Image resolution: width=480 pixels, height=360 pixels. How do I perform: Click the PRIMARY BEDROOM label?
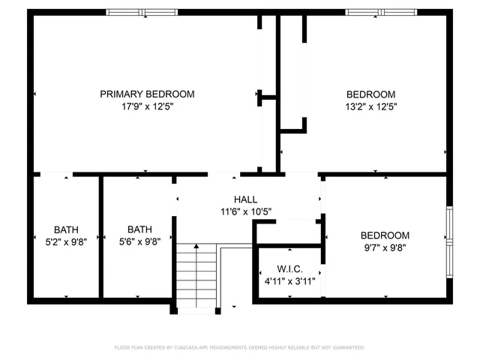click(147, 94)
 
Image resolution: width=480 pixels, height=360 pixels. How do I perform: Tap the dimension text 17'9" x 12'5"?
click(147, 106)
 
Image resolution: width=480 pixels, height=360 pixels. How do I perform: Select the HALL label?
click(245, 199)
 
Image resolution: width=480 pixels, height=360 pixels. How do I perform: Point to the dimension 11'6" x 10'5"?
click(245, 211)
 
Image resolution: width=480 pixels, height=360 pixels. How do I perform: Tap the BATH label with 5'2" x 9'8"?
click(66, 229)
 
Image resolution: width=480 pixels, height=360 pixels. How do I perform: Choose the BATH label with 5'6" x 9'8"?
click(139, 229)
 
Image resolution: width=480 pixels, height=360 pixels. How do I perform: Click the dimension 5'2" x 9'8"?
click(66, 241)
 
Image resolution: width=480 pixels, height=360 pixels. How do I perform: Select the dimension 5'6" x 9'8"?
click(139, 241)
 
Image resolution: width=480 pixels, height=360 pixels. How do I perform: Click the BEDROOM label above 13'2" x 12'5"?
click(370, 94)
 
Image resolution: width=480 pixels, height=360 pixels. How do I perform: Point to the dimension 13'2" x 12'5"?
click(370, 106)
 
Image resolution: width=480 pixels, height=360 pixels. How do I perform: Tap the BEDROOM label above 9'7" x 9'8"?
click(385, 235)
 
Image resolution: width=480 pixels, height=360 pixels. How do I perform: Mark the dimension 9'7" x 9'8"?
click(385, 247)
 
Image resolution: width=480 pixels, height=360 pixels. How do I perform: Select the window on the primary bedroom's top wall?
click(142, 12)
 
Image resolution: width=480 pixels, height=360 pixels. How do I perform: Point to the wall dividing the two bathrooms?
click(100, 237)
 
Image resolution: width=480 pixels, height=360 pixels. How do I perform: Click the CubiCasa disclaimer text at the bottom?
click(239, 347)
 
